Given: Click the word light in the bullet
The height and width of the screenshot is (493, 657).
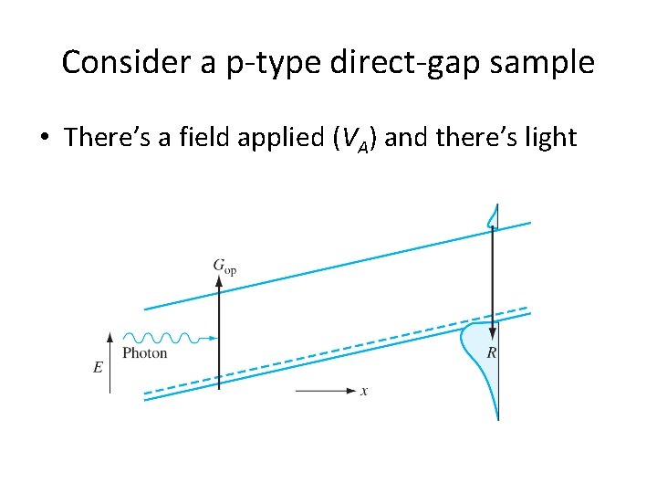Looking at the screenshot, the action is pyautogui.click(x=546, y=138).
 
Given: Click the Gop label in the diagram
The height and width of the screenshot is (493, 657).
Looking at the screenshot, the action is pyautogui.click(x=224, y=266).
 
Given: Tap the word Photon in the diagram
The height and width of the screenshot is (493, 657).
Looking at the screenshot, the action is pyautogui.click(x=144, y=352).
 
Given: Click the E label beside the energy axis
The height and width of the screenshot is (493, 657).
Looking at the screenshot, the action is pyautogui.click(x=98, y=367).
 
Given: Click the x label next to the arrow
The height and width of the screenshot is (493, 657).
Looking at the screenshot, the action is pyautogui.click(x=364, y=391).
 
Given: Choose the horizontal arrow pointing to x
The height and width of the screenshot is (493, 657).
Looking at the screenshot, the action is pyautogui.click(x=326, y=391).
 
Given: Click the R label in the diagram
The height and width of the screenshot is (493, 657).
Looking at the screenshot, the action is pyautogui.click(x=492, y=352).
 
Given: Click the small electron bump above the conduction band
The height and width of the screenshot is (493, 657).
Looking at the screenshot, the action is pyautogui.click(x=493, y=215).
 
